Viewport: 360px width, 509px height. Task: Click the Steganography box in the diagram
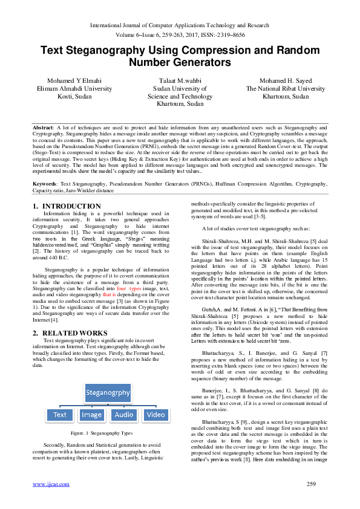pyautogui.click(x=108, y=392)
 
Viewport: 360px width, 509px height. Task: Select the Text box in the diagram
pyautogui.click(x=60, y=415)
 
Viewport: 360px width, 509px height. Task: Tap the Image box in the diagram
pyautogui.click(x=92, y=415)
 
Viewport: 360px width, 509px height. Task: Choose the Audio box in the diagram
pyautogui.click(x=124, y=415)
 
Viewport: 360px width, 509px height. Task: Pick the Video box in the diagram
pyautogui.click(x=155, y=415)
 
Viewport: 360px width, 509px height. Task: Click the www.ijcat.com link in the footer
pyautogui.click(x=51, y=484)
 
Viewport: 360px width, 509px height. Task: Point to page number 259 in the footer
pyautogui.click(x=312, y=484)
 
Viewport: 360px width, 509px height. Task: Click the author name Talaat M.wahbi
pyautogui.click(x=180, y=80)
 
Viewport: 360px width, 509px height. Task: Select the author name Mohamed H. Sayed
pyautogui.click(x=286, y=80)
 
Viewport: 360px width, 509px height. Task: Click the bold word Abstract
pyautogui.click(x=43, y=128)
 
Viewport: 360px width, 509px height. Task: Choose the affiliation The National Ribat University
pyautogui.click(x=286, y=88)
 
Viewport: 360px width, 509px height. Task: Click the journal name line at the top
pyautogui.click(x=180, y=25)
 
